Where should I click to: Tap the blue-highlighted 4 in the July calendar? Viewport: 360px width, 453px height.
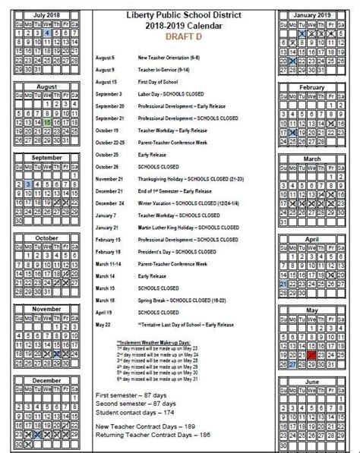(x=48, y=33)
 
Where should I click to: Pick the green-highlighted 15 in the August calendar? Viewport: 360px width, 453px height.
(x=48, y=121)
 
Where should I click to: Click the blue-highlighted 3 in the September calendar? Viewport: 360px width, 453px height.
(x=28, y=184)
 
